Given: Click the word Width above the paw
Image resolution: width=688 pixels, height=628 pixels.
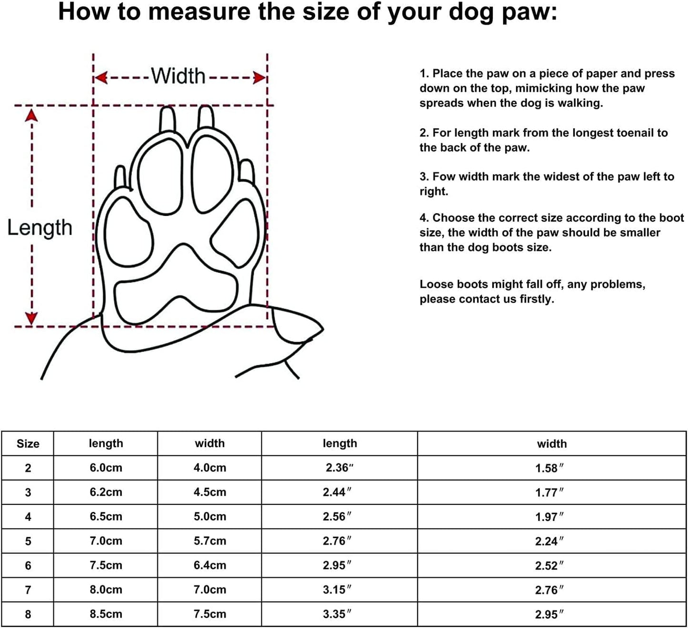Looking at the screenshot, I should [178, 76].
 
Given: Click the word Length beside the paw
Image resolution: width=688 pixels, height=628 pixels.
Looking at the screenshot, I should [40, 228].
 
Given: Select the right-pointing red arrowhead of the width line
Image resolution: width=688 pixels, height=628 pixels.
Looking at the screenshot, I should [259, 78].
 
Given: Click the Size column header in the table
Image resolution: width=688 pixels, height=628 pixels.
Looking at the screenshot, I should [28, 444].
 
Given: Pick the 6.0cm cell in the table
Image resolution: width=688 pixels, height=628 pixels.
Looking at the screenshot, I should [106, 468].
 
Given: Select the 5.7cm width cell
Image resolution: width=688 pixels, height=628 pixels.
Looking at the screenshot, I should [209, 541].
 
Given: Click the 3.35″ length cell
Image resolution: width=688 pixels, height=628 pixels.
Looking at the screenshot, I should [337, 614].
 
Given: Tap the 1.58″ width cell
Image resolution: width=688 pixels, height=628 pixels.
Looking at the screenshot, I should [549, 469].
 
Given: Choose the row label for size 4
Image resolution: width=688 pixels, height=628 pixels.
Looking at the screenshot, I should [28, 517].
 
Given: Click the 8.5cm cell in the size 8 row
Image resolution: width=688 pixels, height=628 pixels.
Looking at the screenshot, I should [106, 614].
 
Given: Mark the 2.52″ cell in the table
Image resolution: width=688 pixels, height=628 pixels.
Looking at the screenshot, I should [549, 566].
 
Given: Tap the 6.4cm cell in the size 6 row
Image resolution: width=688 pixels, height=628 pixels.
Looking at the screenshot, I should [209, 565].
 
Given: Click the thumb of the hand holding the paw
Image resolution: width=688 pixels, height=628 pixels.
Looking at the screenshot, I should [298, 327].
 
